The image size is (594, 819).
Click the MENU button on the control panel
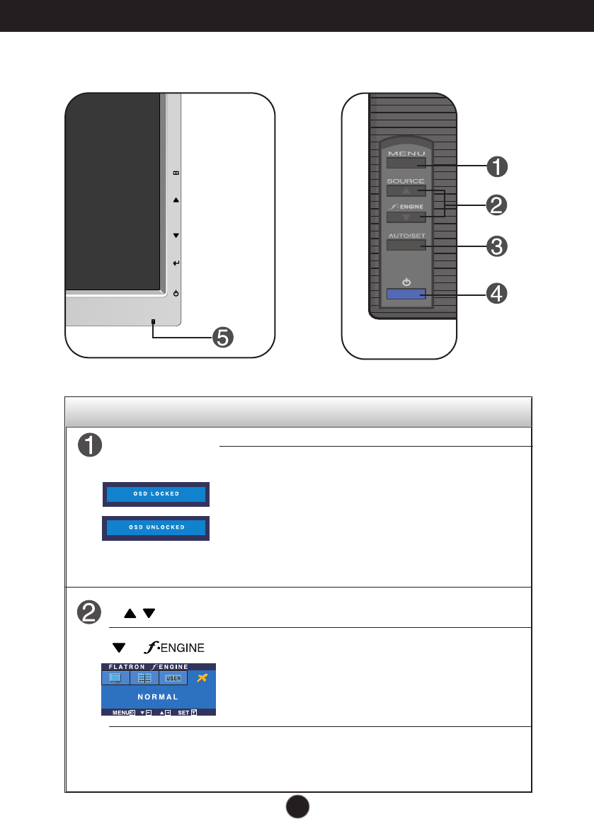(x=406, y=164)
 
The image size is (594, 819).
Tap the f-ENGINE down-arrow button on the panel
(x=406, y=217)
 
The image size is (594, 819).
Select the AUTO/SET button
(x=406, y=246)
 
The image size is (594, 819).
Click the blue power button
(x=406, y=294)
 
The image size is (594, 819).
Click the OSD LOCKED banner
(x=156, y=494)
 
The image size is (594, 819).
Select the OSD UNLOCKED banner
(x=156, y=528)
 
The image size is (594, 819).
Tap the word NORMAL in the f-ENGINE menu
(x=158, y=697)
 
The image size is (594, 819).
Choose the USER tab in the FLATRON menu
(x=173, y=678)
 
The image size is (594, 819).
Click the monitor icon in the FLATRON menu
(x=115, y=678)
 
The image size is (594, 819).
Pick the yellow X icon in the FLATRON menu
(x=202, y=678)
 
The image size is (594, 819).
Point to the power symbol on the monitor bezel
(x=176, y=293)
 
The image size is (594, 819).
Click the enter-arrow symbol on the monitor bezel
(x=176, y=263)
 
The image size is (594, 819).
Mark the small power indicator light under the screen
(x=152, y=322)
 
